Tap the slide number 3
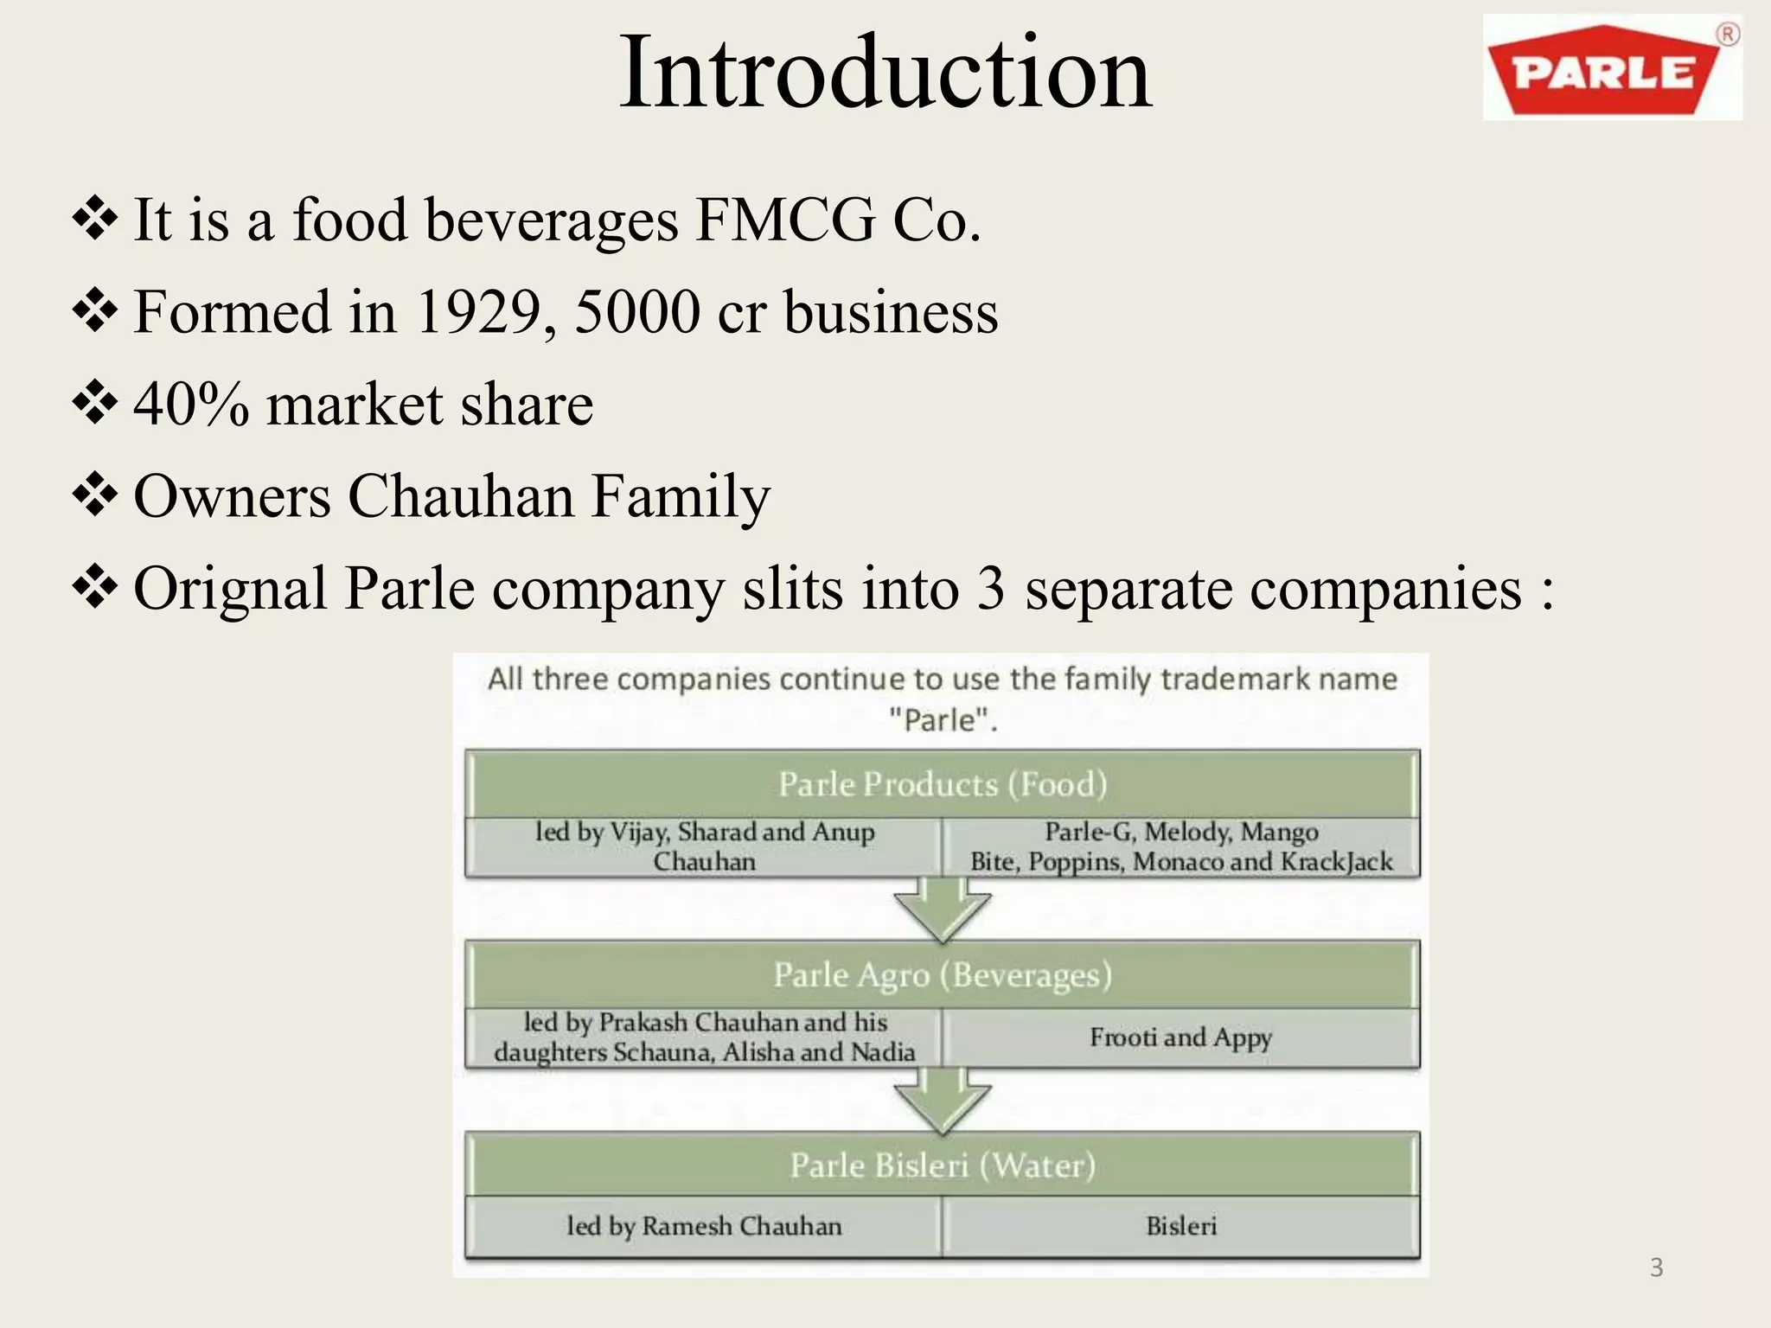[x=1656, y=1267]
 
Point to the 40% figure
[x=191, y=405]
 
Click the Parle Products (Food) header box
[x=943, y=784]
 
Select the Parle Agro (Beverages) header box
[x=943, y=974]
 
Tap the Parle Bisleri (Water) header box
[x=943, y=1165]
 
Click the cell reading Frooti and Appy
[x=1180, y=1037]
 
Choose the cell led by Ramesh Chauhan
[x=704, y=1226]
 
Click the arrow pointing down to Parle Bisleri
[x=942, y=1101]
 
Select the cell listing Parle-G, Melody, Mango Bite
[x=1180, y=846]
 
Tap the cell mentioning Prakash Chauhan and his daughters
[x=704, y=1037]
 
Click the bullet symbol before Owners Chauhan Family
[x=95, y=496]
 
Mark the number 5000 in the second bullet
[x=637, y=311]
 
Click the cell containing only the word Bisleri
[x=1180, y=1226]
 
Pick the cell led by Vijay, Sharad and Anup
[x=704, y=846]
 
